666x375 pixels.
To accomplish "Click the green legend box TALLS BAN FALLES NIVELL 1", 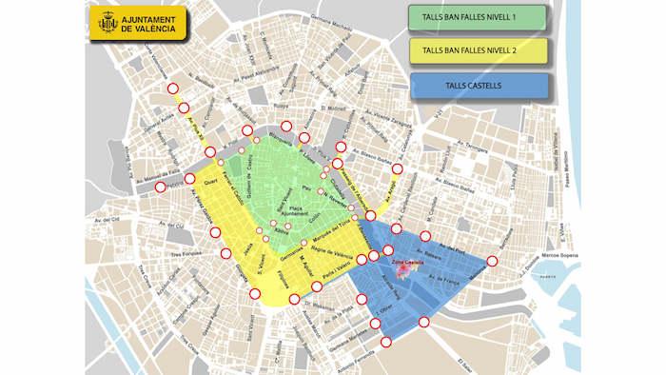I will [477, 17].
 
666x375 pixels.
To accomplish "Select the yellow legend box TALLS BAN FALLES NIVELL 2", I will [477, 51].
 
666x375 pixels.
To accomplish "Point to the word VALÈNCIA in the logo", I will [148, 30].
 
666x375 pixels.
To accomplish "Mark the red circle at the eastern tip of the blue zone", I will [493, 261].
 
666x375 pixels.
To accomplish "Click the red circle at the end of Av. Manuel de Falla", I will [160, 187].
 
